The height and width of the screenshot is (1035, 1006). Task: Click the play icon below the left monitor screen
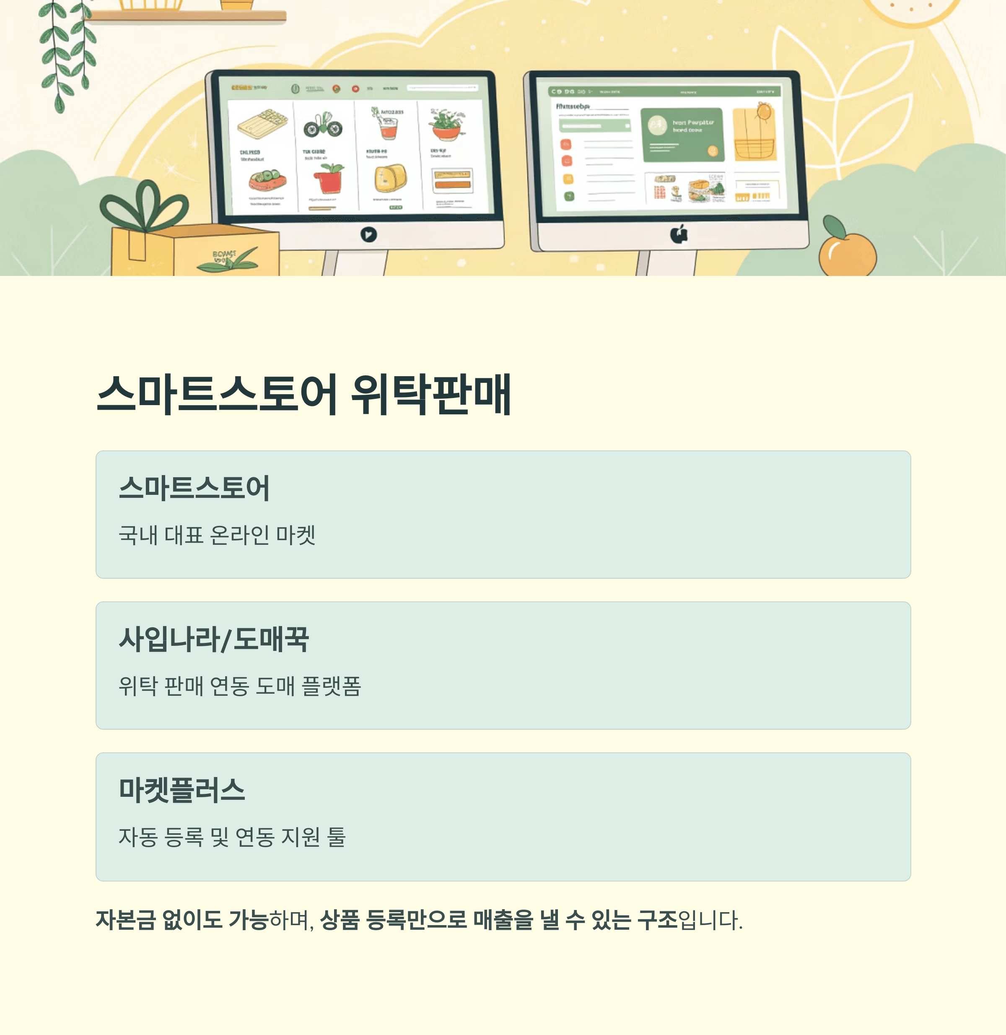pos(368,234)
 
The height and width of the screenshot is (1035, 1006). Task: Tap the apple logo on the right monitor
pos(679,234)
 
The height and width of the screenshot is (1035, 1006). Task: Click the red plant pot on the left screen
pos(329,180)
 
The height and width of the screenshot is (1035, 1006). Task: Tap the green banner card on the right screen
pos(682,135)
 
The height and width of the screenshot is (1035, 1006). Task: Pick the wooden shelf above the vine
pos(185,17)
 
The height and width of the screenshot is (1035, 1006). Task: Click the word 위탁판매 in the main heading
pos(430,394)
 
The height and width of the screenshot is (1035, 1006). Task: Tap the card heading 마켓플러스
pos(182,790)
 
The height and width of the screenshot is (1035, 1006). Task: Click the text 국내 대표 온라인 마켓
pos(217,535)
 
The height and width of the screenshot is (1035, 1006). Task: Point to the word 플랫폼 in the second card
pos(331,686)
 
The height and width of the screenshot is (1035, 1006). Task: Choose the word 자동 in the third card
pos(138,837)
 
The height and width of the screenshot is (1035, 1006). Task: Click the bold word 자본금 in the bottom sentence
pos(126,920)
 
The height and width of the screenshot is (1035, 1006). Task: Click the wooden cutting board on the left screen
pos(262,124)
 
